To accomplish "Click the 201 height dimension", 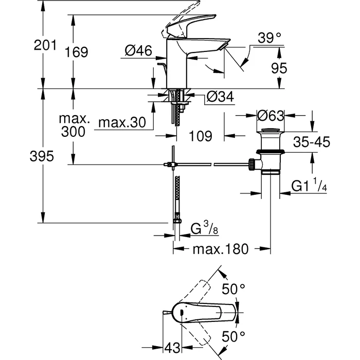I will coord(45,46).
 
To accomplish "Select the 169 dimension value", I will coord(77,52).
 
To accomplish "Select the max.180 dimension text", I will coord(221,249).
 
